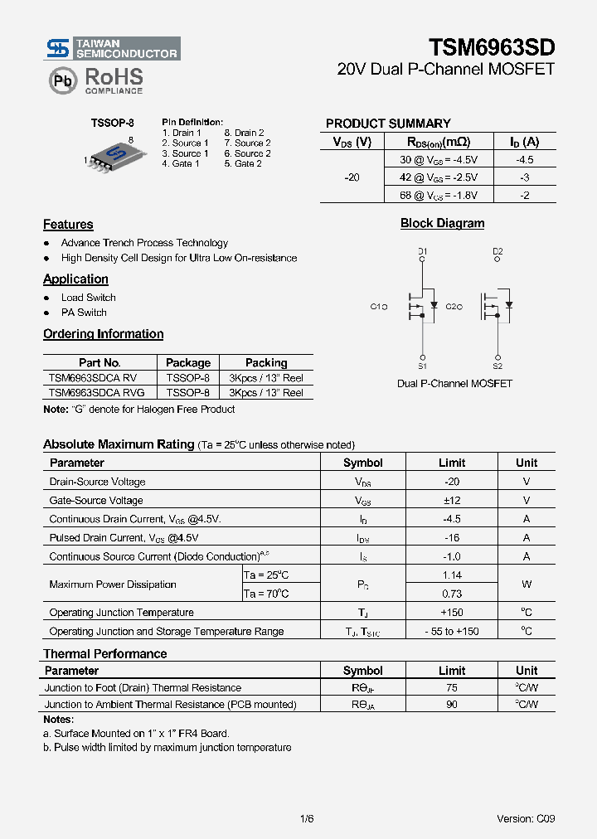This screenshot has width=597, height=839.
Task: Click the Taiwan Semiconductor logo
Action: [111, 48]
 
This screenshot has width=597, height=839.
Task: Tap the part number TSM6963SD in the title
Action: [492, 47]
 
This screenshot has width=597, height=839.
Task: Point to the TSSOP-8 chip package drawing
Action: [110, 155]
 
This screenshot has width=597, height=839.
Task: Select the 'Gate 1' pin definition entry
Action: [181, 164]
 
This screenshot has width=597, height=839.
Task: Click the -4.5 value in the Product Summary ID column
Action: [524, 160]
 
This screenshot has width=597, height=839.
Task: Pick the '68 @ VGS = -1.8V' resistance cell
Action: [439, 196]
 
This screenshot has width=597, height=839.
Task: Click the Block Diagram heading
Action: [442, 224]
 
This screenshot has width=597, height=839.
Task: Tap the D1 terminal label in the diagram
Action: [422, 251]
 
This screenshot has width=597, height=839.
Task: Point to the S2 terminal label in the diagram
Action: [498, 366]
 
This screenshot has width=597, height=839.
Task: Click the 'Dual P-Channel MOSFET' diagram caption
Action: [454, 384]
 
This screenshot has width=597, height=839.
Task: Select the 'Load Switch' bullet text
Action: [89, 298]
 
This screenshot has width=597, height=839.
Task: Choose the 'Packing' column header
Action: [266, 363]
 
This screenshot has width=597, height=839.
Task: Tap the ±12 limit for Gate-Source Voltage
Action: [452, 501]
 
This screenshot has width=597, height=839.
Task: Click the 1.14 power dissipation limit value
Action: [452, 575]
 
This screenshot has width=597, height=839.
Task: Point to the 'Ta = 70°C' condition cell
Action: [266, 594]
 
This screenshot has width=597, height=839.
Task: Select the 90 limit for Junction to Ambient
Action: [452, 705]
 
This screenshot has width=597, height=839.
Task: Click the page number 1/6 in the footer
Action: [307, 819]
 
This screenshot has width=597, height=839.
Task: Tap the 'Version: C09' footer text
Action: [527, 819]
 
